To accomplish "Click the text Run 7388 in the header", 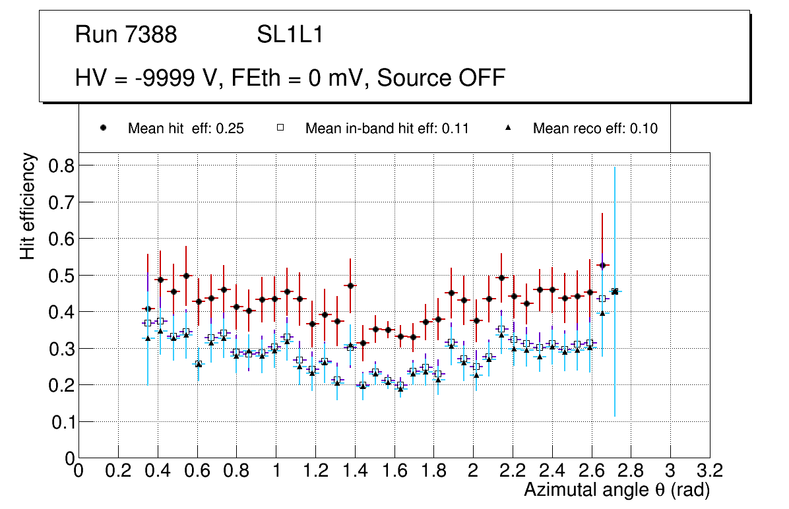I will pos(126,35).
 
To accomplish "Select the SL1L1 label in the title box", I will pos(290,35).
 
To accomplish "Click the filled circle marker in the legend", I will pos(103,128).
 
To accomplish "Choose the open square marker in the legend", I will pos(280,128).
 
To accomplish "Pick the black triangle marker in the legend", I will pos(508,128).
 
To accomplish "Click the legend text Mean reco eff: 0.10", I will pos(595,129).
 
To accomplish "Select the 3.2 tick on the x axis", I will pos(710,470).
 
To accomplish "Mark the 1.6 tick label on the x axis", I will pos(394,470).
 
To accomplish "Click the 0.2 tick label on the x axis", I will pos(118,470).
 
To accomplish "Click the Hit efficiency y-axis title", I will pos(28,206).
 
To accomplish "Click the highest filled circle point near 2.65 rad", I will pos(602,265).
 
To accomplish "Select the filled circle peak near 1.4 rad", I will pos(350,285).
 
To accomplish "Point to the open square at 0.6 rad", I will pos(199,364).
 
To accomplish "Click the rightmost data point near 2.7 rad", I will pos(615,291).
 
